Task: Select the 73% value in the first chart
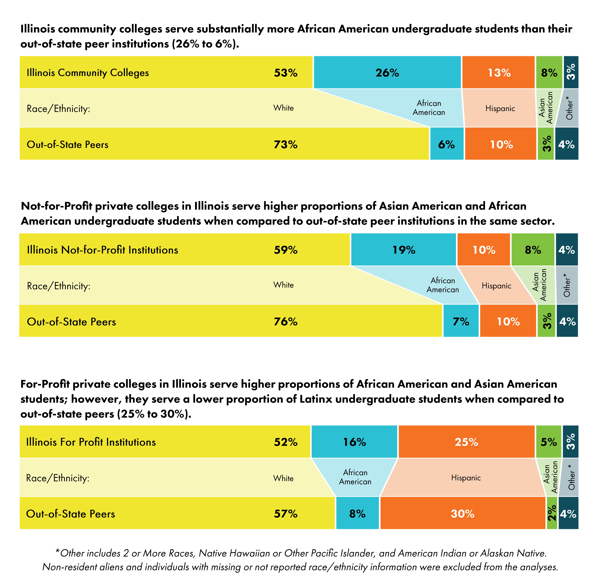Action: pos(285,144)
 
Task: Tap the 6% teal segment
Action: pos(447,144)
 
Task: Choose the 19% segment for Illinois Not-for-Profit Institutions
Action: pos(404,250)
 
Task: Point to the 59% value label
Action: pos(285,250)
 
